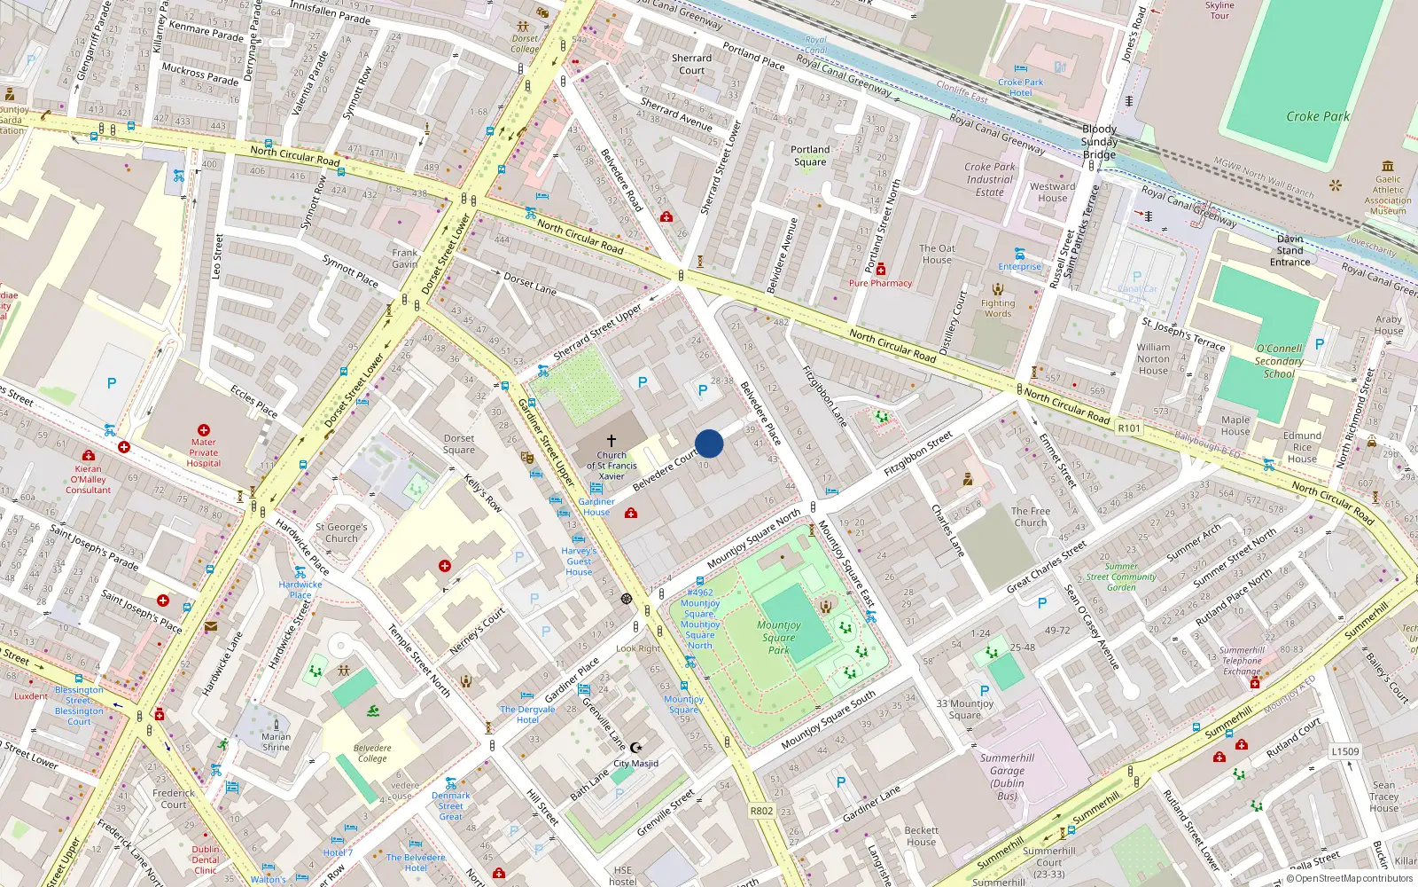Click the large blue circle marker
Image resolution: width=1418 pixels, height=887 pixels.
coord(709,443)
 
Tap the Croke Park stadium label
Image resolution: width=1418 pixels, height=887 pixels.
coord(1317,116)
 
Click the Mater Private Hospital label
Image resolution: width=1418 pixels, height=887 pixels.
coord(203,452)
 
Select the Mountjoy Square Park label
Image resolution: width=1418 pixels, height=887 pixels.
coord(778,637)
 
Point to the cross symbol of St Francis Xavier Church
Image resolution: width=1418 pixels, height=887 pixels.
coord(611,440)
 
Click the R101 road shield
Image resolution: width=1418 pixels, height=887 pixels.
coord(1128,428)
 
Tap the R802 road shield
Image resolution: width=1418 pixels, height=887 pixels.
coord(761,811)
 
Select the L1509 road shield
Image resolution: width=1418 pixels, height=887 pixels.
coord(1344,751)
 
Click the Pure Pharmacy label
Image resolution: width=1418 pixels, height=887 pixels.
coord(880,283)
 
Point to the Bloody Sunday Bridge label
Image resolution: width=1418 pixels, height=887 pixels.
coord(1099,142)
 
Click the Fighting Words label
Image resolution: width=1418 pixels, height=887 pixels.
coord(997,308)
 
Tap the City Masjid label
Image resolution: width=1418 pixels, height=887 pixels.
coord(635,763)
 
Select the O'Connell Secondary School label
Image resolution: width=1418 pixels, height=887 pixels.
coord(1279,361)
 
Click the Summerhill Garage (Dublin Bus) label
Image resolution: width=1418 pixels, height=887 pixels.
coord(1007,777)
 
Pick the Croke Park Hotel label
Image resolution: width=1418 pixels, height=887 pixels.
coord(1020,87)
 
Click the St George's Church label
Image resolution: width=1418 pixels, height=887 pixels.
coord(341,532)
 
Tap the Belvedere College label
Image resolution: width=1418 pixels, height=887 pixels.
coord(372,753)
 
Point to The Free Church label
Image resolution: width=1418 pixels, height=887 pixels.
coord(1031,516)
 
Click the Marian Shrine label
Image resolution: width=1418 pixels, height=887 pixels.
coord(276,742)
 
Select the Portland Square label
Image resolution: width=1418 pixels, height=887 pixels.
coord(810,155)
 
